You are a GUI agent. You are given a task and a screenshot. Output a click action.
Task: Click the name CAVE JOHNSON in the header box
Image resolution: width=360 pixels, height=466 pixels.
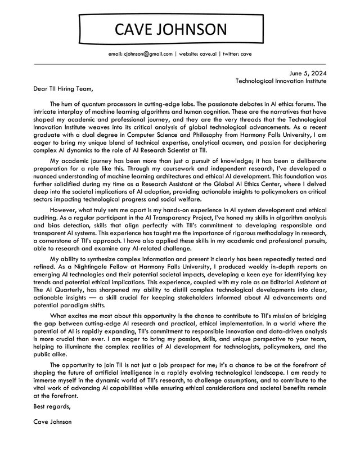point(171,29)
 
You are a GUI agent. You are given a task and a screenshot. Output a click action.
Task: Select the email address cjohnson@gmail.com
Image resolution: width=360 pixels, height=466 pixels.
point(140,54)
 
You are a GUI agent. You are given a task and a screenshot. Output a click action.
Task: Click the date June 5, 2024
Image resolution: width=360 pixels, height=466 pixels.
point(308,73)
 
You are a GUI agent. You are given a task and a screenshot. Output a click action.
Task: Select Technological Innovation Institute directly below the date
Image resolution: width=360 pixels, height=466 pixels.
point(281,81)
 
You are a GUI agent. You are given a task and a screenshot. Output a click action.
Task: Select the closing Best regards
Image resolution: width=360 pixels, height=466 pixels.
point(52,406)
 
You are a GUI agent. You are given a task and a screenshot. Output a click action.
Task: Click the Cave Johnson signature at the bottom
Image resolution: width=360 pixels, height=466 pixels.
point(52,422)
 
